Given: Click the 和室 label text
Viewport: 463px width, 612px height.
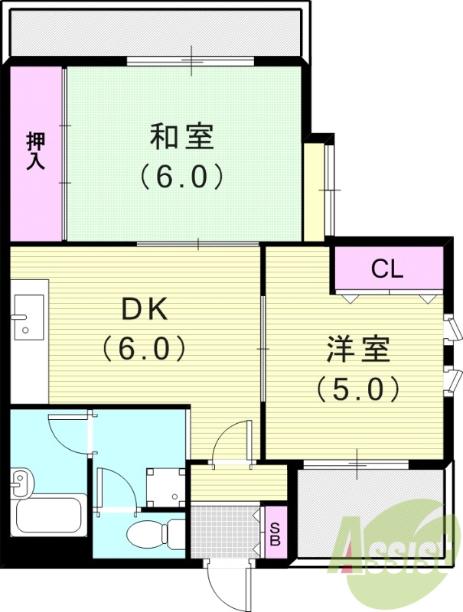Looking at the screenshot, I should click(x=181, y=138).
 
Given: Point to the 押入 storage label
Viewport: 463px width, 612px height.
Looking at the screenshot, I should click(x=35, y=151).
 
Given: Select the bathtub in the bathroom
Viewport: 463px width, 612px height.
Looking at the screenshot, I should click(x=47, y=520).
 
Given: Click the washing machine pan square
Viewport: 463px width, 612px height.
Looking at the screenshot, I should click(x=165, y=483).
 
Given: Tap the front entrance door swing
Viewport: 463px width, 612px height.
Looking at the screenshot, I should click(x=227, y=585).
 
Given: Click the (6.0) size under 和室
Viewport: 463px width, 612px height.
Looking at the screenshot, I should click(x=181, y=177).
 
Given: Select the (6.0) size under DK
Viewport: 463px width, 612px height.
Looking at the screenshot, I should click(x=145, y=350).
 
